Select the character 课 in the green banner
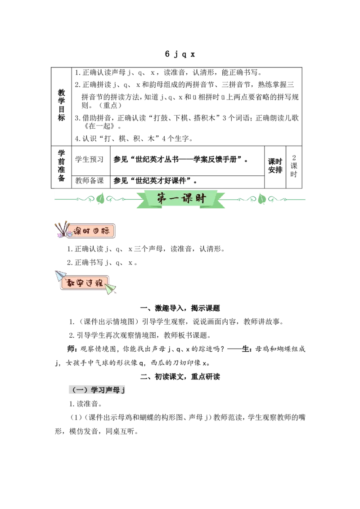tap(188, 198)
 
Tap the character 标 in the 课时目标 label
tap(107, 232)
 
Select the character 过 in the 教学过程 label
tap(90, 284)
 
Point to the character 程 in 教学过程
tap(99, 284)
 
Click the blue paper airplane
tap(60, 275)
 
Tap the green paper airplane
tap(110, 289)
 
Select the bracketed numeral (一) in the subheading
tap(79, 390)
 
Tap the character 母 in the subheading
tap(117, 390)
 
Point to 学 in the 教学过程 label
tap(81, 284)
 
